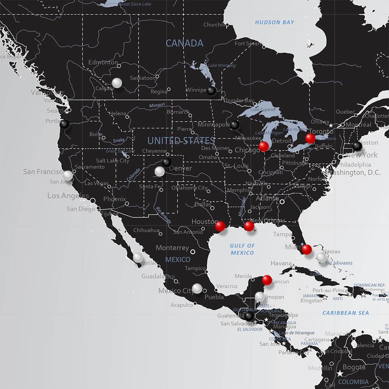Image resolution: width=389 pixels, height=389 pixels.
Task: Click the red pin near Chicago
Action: pos(264,146)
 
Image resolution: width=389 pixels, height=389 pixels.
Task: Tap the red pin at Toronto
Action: pos(310,138)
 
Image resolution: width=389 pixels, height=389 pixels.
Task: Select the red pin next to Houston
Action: pos(220,226)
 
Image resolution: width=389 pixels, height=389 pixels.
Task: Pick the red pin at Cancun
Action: pos(267,280)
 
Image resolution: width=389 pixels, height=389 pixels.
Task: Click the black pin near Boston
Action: pos(357,145)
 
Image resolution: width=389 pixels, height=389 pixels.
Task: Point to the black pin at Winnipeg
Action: pos(212,91)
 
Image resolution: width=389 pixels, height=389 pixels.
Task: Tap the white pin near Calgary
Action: pos(117,82)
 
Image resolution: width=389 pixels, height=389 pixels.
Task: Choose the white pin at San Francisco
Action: pos(68,175)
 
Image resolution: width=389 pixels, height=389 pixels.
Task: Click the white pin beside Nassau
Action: pos(321,257)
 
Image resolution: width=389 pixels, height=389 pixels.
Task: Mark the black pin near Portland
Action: pos(65,124)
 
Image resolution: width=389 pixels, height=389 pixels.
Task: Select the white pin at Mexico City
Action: pos(197,288)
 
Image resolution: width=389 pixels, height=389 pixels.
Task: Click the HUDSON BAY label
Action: pos(274,22)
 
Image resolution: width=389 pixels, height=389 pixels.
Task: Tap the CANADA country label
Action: pos(184,43)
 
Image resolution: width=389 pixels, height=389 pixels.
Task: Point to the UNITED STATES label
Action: pos(181,141)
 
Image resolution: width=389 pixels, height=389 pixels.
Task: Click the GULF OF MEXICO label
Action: pos(242,249)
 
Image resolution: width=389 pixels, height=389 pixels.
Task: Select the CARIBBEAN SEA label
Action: pos(345,313)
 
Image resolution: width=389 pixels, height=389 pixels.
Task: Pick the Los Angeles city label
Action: pos(68,196)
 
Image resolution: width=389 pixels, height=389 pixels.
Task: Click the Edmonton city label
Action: pos(103,62)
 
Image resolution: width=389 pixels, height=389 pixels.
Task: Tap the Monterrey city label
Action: pos(172,248)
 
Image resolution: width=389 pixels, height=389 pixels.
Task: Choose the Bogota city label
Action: pos(354,367)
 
